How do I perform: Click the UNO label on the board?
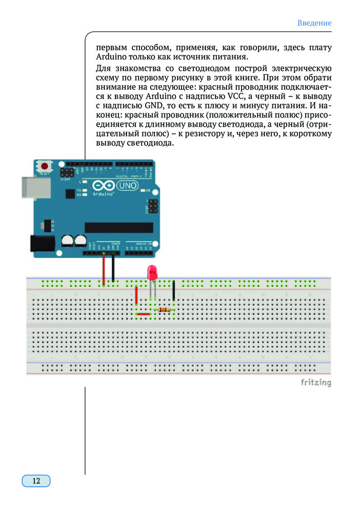(128, 186)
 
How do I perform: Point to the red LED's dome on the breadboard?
(152, 272)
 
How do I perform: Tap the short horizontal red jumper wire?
(144, 314)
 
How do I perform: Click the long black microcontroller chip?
(118, 227)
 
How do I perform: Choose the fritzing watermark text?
(315, 383)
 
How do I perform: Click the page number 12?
(36, 481)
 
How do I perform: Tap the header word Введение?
(314, 23)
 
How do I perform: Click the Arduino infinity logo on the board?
(104, 186)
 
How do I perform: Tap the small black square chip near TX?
(71, 191)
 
